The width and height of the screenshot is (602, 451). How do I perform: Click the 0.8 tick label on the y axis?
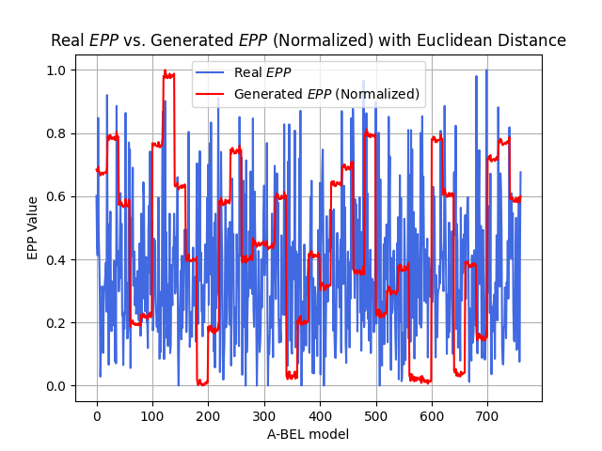tap(56, 133)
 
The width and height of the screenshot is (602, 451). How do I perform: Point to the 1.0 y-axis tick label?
tap(56, 70)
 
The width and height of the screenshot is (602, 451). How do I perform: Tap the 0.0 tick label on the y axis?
tap(56, 386)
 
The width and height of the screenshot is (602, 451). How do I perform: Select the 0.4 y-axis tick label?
tap(56, 260)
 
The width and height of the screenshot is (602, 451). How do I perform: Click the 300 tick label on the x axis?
tap(264, 416)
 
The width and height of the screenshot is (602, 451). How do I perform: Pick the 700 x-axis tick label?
tap(487, 416)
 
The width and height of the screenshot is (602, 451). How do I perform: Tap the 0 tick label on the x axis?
tap(97, 416)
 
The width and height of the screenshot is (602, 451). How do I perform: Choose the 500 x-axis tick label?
tap(376, 416)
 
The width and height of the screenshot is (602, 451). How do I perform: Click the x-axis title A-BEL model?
tap(309, 434)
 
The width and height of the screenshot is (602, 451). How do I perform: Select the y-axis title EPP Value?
tap(33, 228)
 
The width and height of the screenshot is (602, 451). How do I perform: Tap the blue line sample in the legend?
tap(210, 72)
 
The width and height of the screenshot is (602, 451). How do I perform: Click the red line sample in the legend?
tap(210, 94)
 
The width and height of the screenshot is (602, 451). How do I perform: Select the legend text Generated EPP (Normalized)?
tap(326, 94)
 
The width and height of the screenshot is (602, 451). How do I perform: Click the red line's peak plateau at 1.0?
tap(168, 75)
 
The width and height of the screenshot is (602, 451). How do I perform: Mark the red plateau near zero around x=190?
tap(202, 382)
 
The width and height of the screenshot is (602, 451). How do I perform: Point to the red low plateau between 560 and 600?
tap(420, 380)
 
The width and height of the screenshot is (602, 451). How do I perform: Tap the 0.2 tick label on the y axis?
tap(56, 323)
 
